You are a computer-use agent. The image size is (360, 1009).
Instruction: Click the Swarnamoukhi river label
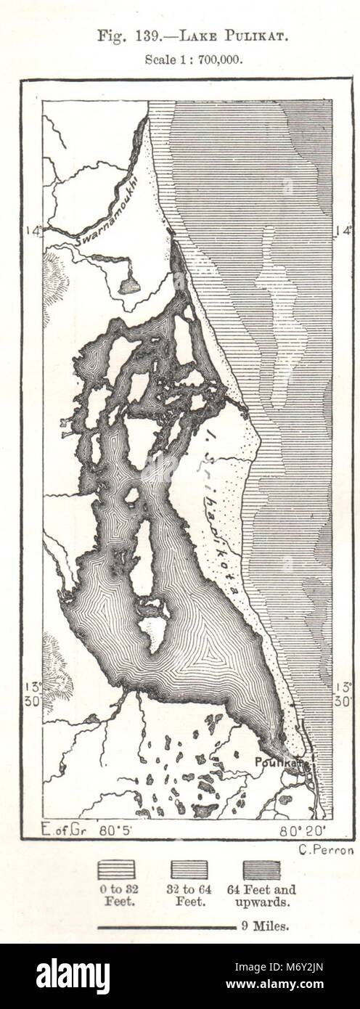[105, 213]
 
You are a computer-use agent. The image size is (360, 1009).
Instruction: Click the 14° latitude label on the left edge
[33, 231]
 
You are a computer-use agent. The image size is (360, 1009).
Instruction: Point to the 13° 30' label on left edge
[33, 694]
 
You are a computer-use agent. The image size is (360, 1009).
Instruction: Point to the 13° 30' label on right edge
[343, 694]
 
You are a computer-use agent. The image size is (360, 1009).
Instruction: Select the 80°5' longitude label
[112, 828]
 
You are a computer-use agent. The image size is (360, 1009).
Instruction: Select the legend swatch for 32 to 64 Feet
[188, 870]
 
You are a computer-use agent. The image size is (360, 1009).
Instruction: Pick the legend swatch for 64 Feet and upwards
[261, 870]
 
